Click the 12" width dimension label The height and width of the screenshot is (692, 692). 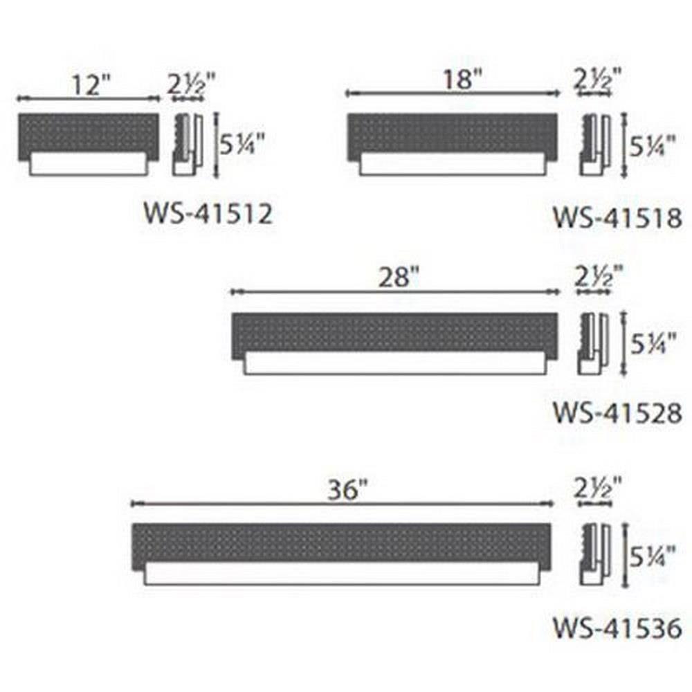[91, 84]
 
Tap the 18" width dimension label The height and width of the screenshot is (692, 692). [463, 80]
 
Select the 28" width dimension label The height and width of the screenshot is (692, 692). [399, 278]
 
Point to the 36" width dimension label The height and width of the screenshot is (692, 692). [347, 490]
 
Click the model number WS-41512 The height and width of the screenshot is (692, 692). [208, 214]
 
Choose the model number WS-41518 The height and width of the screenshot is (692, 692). [618, 218]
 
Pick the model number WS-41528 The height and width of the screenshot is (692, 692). [618, 413]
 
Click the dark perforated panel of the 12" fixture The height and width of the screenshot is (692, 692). [89, 135]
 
